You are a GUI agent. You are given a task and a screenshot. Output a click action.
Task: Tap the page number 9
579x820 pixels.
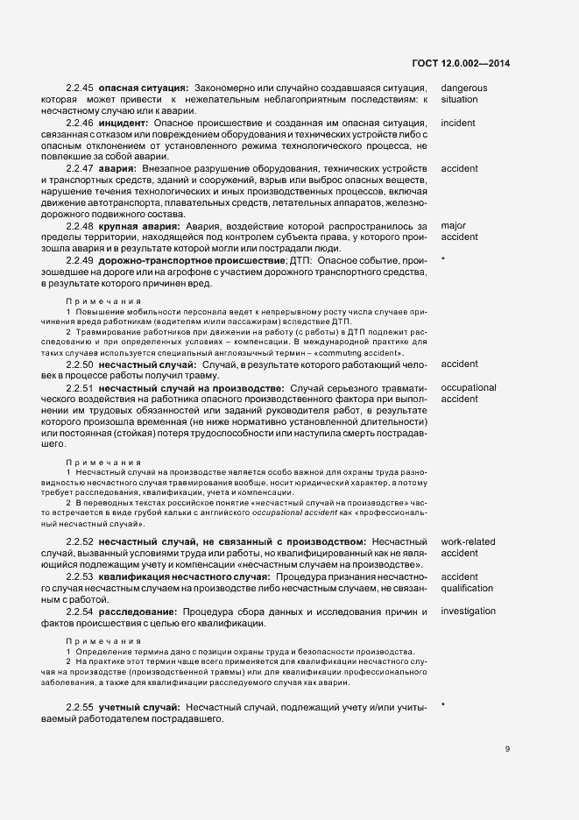pos(508,748)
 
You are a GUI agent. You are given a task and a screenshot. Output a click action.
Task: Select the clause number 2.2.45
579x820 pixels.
pos(80,88)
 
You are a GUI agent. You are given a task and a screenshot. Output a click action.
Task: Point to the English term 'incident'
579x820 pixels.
pos(458,124)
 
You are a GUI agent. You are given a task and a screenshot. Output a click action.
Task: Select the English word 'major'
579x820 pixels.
pos(454,225)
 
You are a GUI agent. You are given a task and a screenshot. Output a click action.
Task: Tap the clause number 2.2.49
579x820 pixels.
pos(80,260)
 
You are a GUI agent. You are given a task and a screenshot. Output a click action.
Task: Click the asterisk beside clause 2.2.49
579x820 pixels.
pos(443,261)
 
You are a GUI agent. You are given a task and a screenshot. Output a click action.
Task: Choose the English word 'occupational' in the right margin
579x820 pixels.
pos(469,387)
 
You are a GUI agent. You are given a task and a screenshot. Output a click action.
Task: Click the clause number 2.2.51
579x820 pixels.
pos(80,387)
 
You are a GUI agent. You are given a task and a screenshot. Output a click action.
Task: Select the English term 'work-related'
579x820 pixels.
pos(469,541)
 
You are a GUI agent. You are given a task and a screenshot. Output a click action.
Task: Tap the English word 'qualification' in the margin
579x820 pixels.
pos(467,588)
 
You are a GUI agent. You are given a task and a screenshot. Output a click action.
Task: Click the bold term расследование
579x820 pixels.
pos(137,611)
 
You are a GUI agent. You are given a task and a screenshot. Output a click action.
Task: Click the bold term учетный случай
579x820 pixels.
pos(140,706)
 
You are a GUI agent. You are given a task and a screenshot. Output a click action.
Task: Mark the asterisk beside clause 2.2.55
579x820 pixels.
pos(443,705)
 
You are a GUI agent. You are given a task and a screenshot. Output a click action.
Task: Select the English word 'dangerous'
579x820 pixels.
pos(464,88)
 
